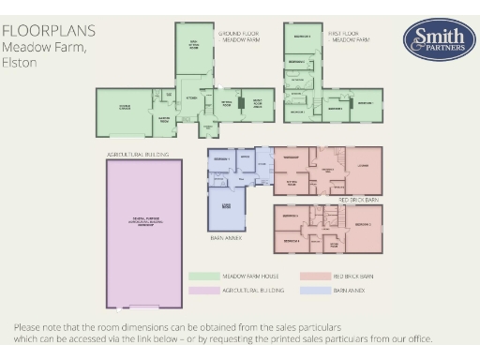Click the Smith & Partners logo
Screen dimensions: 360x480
click(x=432, y=38)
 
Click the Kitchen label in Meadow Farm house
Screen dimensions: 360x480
click(x=191, y=97)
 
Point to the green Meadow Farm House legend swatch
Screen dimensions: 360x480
click(x=203, y=277)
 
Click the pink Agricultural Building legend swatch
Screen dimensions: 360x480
click(x=203, y=292)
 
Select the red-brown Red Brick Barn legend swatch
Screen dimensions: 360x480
click(x=316, y=277)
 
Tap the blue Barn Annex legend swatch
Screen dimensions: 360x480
click(x=316, y=292)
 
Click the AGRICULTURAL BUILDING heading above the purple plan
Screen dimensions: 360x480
click(x=132, y=152)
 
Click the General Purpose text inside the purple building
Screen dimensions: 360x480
click(x=144, y=220)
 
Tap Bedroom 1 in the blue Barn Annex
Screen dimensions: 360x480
click(x=220, y=160)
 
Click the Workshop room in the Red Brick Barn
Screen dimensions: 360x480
click(x=291, y=157)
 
